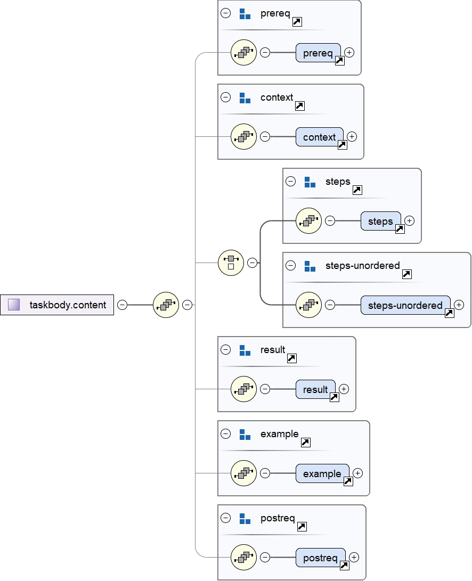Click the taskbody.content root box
[x=57, y=305]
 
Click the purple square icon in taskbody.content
[x=14, y=305]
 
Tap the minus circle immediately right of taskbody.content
[x=123, y=305]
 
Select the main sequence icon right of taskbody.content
[x=166, y=305]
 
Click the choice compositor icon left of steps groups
[x=231, y=263]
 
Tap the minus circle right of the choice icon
[x=253, y=263]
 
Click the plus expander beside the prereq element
[x=349, y=52]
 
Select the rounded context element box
[x=319, y=137]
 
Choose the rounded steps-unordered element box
[x=405, y=305]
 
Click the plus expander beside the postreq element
[x=354, y=557]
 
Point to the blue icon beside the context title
[x=245, y=98]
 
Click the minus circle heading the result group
[x=226, y=350]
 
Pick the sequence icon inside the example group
[x=243, y=473]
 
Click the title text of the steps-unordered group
[x=362, y=265]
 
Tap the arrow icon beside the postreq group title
[x=302, y=526]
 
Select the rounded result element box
[x=315, y=389]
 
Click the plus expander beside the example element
[x=357, y=473]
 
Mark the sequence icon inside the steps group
[x=308, y=220]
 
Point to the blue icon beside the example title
[x=245, y=435]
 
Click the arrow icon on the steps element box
[x=400, y=229]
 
